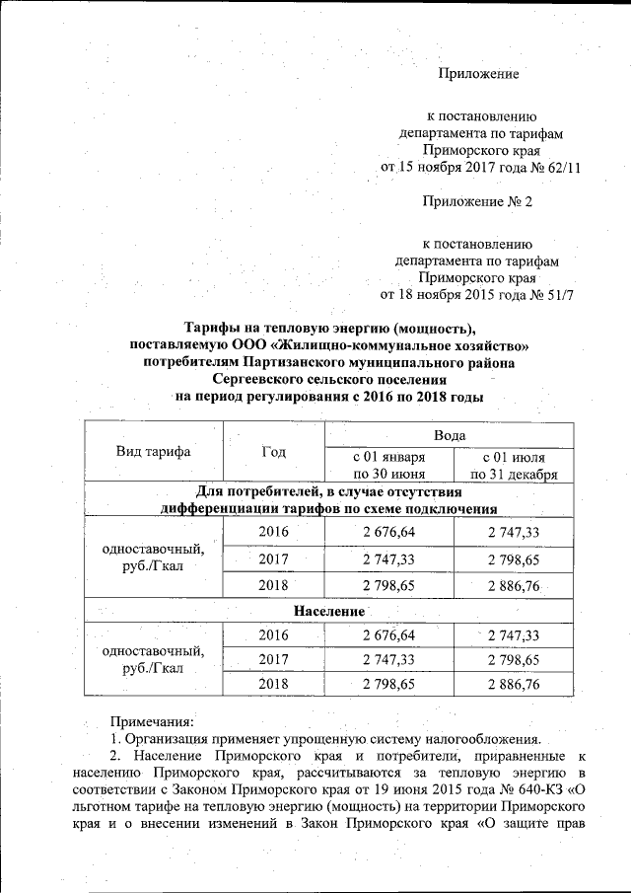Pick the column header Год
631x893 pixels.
point(274,452)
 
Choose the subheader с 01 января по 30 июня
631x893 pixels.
point(388,466)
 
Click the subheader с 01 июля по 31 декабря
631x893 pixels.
point(514,466)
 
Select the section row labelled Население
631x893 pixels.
point(329,612)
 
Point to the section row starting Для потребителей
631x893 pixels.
point(329,500)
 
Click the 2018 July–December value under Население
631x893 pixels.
point(514,683)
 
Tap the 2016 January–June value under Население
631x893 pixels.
point(388,634)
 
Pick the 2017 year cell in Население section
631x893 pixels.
point(274,658)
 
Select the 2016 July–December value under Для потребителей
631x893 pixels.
point(514,534)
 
